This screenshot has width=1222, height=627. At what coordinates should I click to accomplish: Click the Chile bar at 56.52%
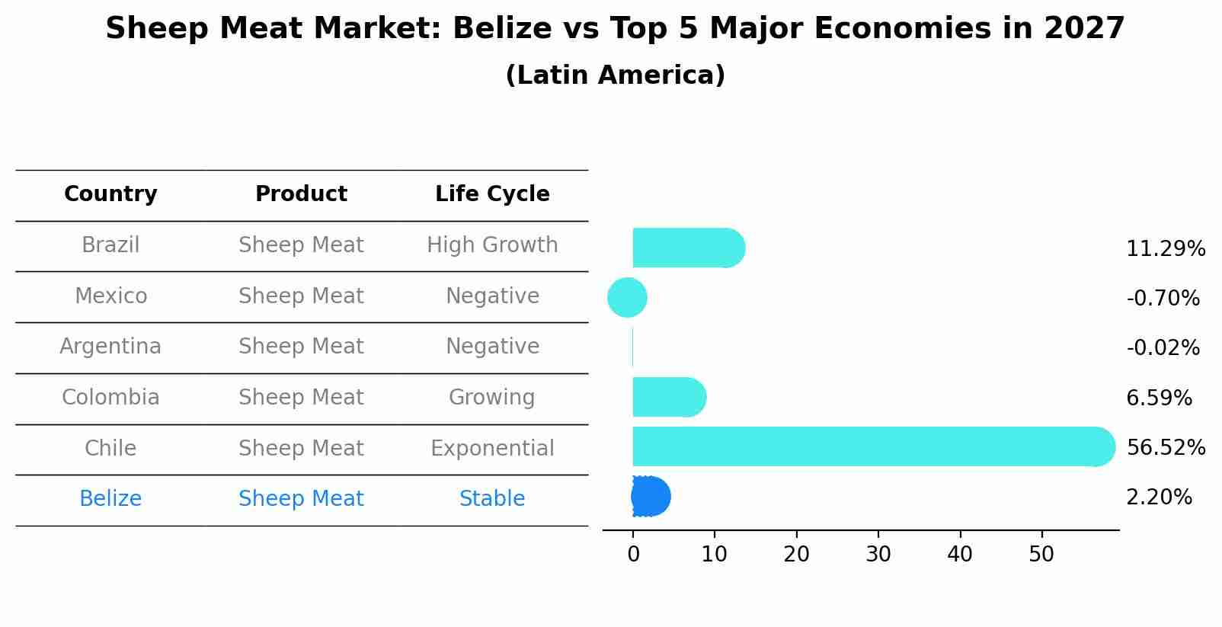869,446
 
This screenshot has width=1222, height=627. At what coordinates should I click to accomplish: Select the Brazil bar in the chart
686,248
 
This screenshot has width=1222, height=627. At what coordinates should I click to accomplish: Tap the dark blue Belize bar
651,497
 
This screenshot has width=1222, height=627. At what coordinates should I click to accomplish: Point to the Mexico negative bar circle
627,297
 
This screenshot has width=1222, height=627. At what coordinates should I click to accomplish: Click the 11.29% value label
1165,249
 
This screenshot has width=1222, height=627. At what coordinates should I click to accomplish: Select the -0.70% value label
1163,299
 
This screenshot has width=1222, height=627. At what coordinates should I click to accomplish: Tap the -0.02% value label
1163,348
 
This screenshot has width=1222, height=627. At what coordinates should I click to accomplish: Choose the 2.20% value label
1159,497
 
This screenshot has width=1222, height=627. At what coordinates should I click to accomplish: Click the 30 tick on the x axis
878,555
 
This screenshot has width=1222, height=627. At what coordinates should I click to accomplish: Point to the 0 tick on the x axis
633,555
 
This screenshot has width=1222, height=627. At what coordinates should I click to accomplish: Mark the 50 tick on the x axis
1041,555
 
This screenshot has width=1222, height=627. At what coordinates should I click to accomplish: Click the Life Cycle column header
492,194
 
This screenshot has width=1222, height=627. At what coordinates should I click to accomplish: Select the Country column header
110,194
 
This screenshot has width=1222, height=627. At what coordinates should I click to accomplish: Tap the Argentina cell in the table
110,347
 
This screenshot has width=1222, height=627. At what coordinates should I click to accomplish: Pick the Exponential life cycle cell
492,448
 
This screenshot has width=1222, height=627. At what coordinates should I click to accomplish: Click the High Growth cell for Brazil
492,245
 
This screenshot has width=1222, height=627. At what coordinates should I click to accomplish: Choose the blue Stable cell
492,499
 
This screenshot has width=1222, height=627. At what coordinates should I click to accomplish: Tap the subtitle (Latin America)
615,75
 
